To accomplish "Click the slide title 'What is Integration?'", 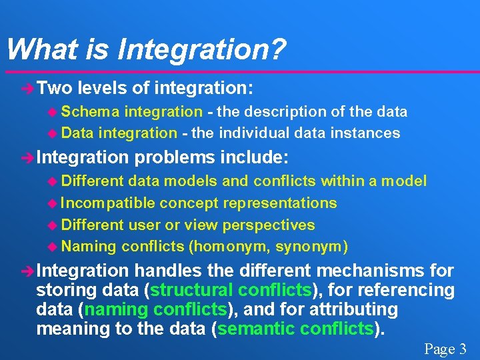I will click(145, 49).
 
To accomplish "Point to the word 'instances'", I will click(367, 133).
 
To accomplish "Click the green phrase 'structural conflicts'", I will click(231, 291).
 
